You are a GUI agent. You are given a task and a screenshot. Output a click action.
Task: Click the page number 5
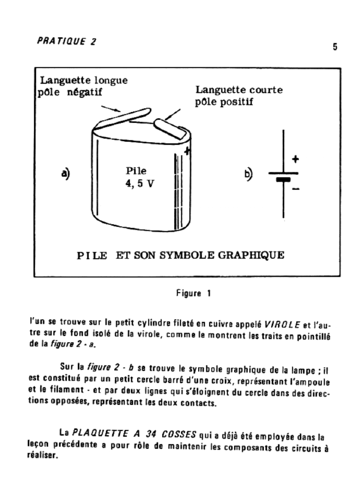pos(335,47)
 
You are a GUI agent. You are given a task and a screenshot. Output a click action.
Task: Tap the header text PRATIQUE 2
pos(66,41)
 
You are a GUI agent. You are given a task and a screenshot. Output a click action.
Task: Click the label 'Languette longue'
pos(84,80)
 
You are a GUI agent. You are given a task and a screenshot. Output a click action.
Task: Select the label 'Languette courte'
pos(239,90)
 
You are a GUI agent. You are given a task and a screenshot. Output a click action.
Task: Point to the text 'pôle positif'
pos(224,102)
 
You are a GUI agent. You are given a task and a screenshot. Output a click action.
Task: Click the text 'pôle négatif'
pos(70,92)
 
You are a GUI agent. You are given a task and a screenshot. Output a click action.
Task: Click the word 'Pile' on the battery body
pos(136,171)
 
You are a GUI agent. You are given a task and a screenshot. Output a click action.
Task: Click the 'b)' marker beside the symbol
pos(249,174)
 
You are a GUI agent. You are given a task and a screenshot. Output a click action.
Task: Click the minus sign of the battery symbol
pos(296,189)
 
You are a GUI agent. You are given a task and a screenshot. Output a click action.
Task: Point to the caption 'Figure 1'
pos(194,293)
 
